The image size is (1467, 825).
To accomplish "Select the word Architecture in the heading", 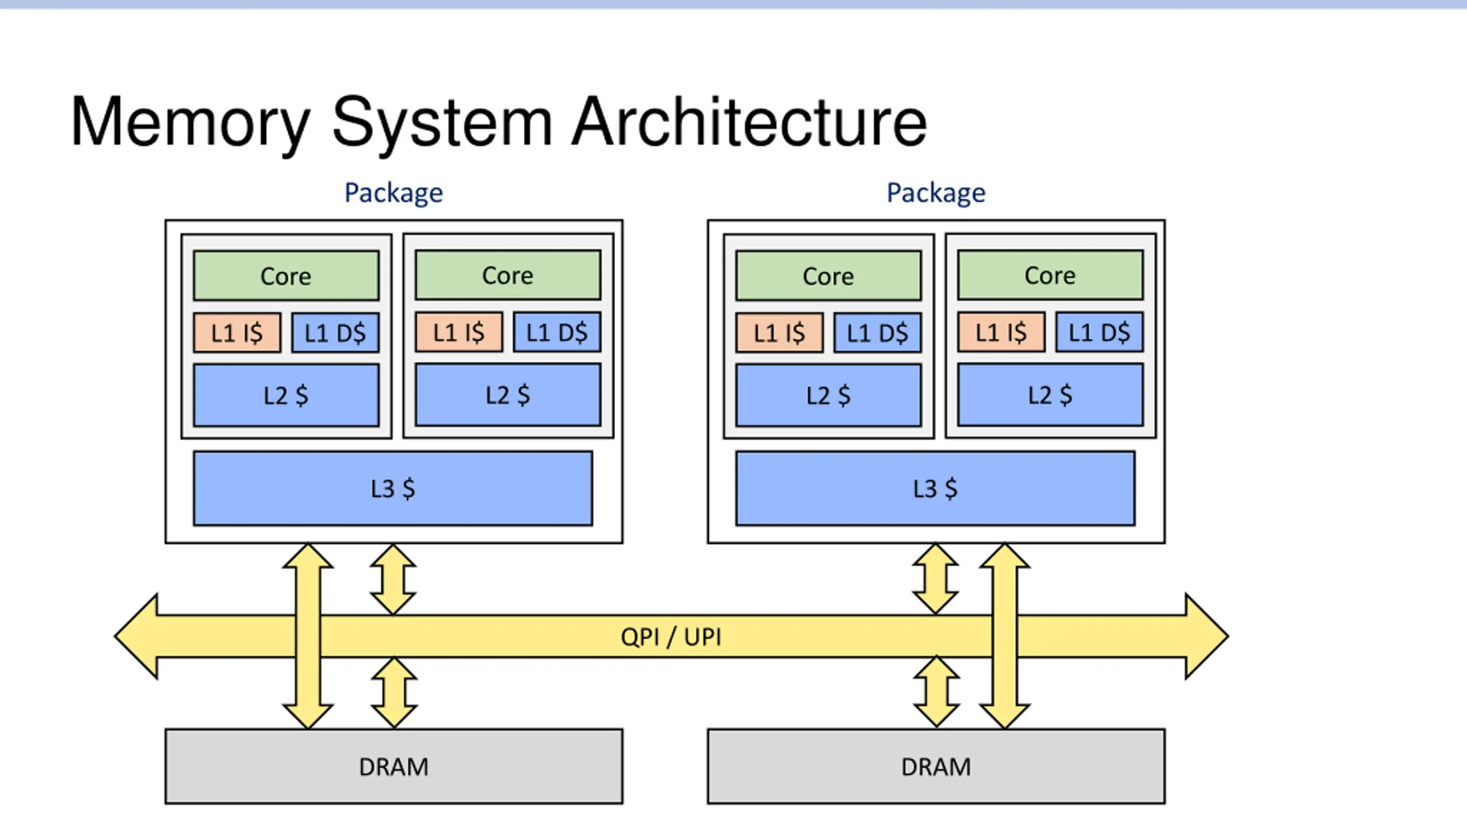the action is [x=749, y=121].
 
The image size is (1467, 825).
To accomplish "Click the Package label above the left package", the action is [x=394, y=193].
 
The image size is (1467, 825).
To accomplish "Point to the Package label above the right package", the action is [x=936, y=193].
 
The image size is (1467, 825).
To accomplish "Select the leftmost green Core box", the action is [x=286, y=276].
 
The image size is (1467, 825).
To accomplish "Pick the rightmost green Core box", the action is [x=1050, y=275].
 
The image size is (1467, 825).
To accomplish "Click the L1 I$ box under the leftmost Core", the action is [x=237, y=333].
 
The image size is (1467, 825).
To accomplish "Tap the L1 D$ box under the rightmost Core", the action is [x=1100, y=332].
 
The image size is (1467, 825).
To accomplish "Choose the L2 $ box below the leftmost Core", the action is [x=286, y=396].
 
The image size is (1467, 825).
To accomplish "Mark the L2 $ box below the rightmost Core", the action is [x=1050, y=395].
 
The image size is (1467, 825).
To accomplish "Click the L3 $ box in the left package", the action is [x=393, y=489].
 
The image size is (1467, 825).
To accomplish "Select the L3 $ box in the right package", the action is [x=935, y=489].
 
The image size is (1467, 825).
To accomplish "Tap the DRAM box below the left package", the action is [x=394, y=767].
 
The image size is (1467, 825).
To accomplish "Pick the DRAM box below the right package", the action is [x=936, y=767].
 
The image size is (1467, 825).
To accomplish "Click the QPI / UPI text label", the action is [x=671, y=637].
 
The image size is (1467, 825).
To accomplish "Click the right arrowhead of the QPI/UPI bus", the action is [x=1207, y=637].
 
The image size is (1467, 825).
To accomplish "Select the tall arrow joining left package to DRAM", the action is [x=308, y=636].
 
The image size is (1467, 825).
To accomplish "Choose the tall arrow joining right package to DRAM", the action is [x=1005, y=636].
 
